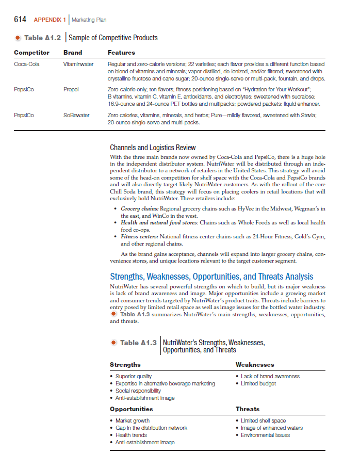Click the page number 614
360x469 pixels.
(20, 20)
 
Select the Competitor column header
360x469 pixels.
(31, 53)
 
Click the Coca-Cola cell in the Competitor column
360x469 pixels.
(26, 64)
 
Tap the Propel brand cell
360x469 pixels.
(71, 89)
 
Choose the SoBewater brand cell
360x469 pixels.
(76, 115)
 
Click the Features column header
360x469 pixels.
(121, 53)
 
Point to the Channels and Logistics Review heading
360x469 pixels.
(153, 148)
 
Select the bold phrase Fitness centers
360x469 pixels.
(140, 236)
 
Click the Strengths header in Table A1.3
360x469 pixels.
(125, 365)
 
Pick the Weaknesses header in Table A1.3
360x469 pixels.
(255, 365)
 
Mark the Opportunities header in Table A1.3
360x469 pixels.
(131, 409)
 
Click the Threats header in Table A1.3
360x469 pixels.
(248, 409)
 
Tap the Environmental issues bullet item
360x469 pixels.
(265, 435)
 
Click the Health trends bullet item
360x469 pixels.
(131, 435)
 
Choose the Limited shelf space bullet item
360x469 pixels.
(263, 421)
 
